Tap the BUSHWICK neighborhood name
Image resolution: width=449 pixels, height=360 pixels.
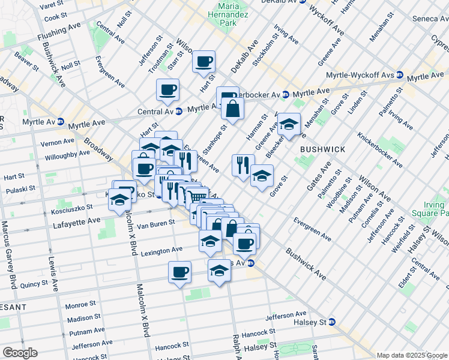[x=322, y=148]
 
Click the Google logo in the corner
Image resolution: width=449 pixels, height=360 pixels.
[x=20, y=353]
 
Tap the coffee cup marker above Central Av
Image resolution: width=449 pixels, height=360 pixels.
[x=167, y=90]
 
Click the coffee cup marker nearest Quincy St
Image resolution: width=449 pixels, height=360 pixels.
[x=179, y=272]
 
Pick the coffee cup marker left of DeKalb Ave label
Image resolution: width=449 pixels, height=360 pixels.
[x=203, y=61]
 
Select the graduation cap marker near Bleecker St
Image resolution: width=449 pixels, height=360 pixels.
[x=289, y=125]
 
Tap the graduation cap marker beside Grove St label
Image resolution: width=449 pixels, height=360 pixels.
[x=261, y=176]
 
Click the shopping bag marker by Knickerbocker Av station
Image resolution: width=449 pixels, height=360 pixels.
[x=232, y=109]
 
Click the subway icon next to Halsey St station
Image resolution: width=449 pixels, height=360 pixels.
[x=331, y=322]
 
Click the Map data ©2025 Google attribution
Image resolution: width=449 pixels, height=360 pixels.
[x=412, y=355]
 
